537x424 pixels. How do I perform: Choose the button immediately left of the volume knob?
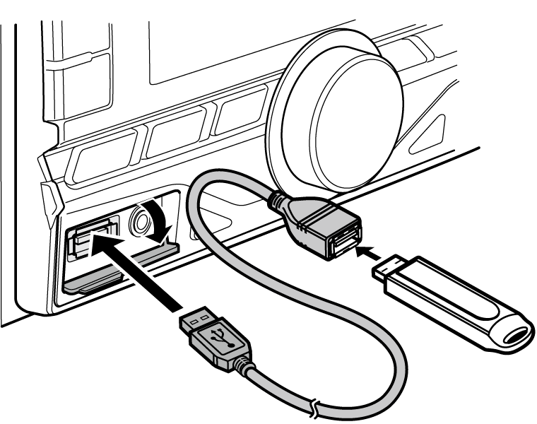pyautogui.click(x=240, y=113)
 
